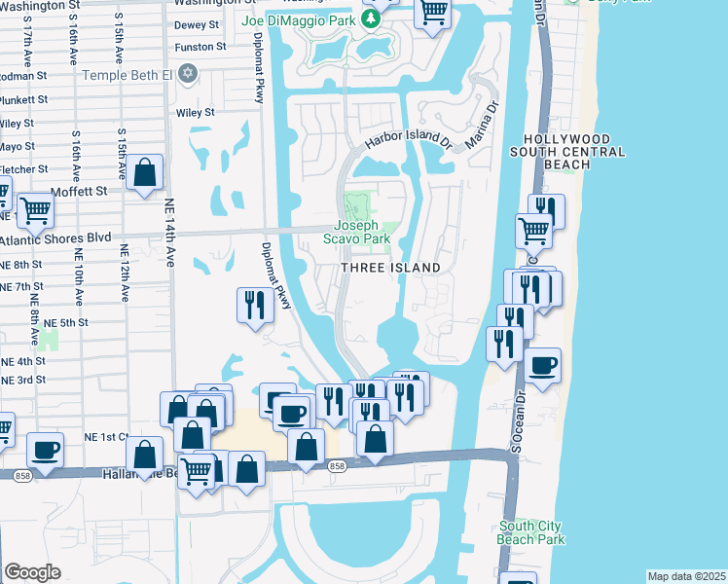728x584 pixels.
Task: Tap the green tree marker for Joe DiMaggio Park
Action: click(370, 18)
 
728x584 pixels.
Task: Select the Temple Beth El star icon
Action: click(188, 74)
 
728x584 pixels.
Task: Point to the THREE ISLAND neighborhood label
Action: click(390, 268)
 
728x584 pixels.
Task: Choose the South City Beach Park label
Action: click(529, 532)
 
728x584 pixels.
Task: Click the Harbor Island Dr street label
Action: click(410, 138)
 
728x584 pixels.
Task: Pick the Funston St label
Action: click(200, 46)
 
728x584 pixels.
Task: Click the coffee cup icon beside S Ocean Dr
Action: click(543, 365)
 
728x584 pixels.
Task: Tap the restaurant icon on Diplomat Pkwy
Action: click(254, 305)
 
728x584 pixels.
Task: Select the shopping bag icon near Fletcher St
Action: click(145, 173)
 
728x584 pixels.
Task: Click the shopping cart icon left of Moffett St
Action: click(35, 209)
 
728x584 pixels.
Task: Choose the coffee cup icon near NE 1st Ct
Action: click(45, 449)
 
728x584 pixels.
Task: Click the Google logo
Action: click(33, 571)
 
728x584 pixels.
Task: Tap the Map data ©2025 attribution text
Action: click(686, 576)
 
